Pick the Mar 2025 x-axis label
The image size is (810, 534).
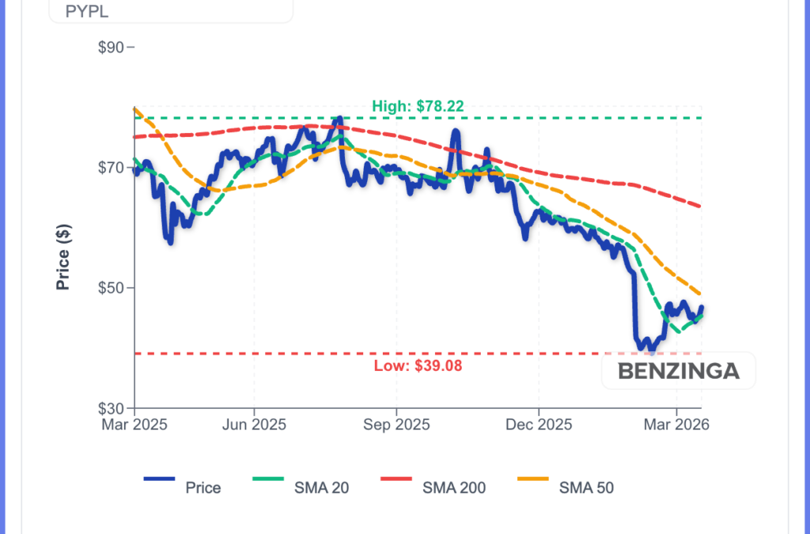tap(134, 425)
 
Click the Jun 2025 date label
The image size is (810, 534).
tap(254, 425)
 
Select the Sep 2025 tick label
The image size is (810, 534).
tap(396, 425)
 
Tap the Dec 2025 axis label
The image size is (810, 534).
tap(538, 425)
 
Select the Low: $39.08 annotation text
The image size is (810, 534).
tap(418, 365)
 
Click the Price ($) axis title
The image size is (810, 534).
tap(64, 256)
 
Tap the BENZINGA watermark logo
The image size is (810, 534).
tap(678, 370)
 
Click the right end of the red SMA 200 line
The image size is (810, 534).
tap(701, 206)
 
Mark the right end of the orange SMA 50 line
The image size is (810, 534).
tap(701, 294)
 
